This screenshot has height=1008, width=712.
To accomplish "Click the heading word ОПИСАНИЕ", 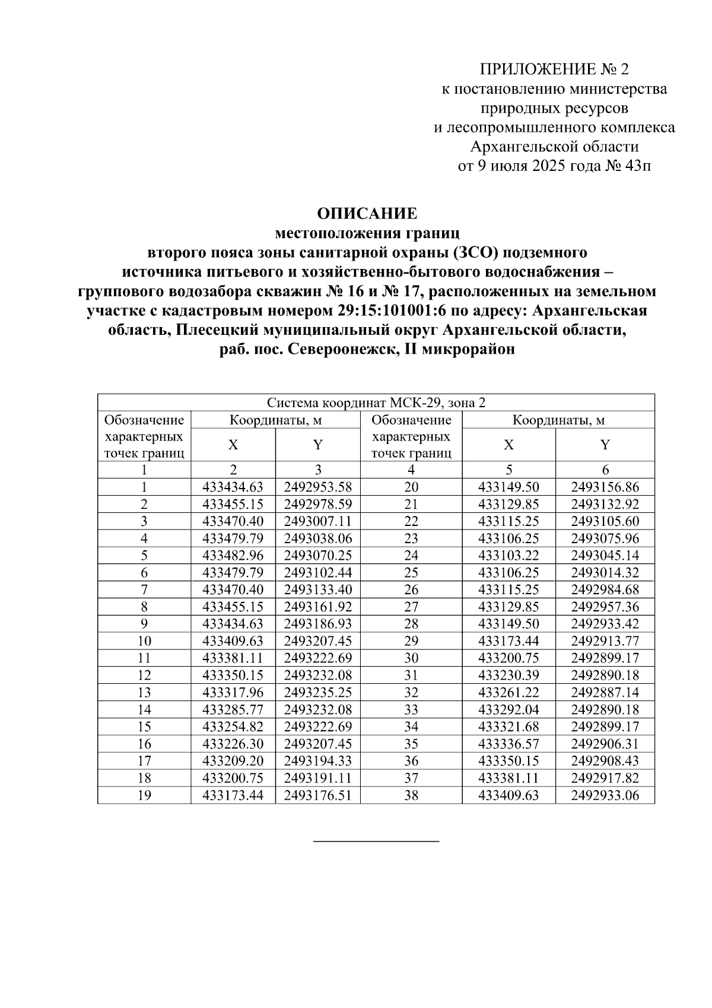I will pos(367,213).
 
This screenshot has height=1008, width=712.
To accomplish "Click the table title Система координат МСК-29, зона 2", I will pos(376,403).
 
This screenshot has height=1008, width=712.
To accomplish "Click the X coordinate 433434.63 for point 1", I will pos(233,488).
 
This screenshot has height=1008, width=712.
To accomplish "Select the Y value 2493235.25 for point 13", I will pos(317,693).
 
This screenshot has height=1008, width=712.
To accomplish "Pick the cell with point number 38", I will pos(411,795).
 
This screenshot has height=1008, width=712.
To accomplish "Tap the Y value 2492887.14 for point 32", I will pos(605,693).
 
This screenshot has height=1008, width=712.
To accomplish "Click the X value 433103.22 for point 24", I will pos(508,556).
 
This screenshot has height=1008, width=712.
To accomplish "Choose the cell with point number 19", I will pos(144,795).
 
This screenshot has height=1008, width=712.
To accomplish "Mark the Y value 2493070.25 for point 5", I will pos(317,556).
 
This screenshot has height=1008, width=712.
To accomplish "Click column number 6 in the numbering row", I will pos(605,470).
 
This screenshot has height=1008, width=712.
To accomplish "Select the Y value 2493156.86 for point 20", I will pos(605,488).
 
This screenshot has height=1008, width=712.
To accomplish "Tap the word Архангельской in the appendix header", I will pos(517,147).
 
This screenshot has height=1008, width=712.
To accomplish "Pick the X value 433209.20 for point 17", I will pos(233,761).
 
